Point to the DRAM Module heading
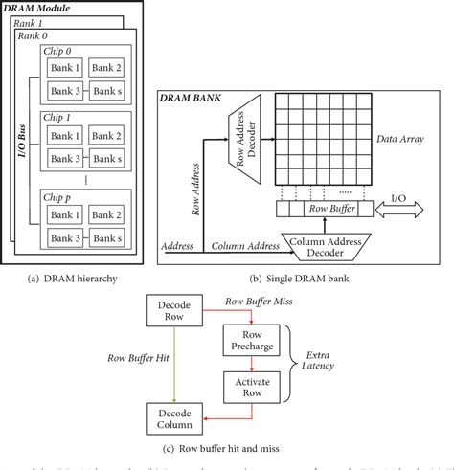point(37,7)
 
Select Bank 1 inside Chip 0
point(65,69)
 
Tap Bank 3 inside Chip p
point(65,239)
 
